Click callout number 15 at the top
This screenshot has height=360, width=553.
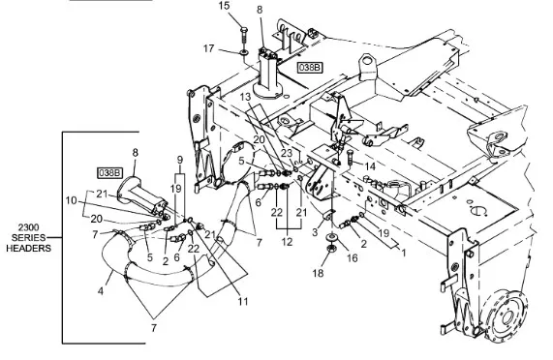[224, 6]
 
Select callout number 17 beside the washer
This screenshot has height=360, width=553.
[209, 48]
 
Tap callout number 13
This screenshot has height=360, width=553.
[245, 97]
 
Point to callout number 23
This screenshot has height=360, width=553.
[287, 153]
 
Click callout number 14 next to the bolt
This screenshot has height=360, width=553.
[370, 166]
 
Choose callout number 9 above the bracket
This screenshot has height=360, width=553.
[180, 160]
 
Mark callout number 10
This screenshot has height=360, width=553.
[72, 200]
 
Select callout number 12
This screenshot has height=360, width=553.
[287, 242]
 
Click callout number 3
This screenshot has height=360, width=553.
[315, 232]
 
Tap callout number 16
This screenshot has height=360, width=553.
[352, 258]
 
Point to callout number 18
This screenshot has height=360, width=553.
[318, 273]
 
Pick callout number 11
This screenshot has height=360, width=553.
[243, 302]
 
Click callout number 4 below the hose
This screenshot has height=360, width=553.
[101, 291]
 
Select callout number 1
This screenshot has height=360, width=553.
[404, 253]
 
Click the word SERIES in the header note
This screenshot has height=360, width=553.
[28, 238]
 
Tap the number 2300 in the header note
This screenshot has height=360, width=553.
[28, 227]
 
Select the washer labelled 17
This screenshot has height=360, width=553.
[244, 53]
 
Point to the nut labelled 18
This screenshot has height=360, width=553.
[331, 249]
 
